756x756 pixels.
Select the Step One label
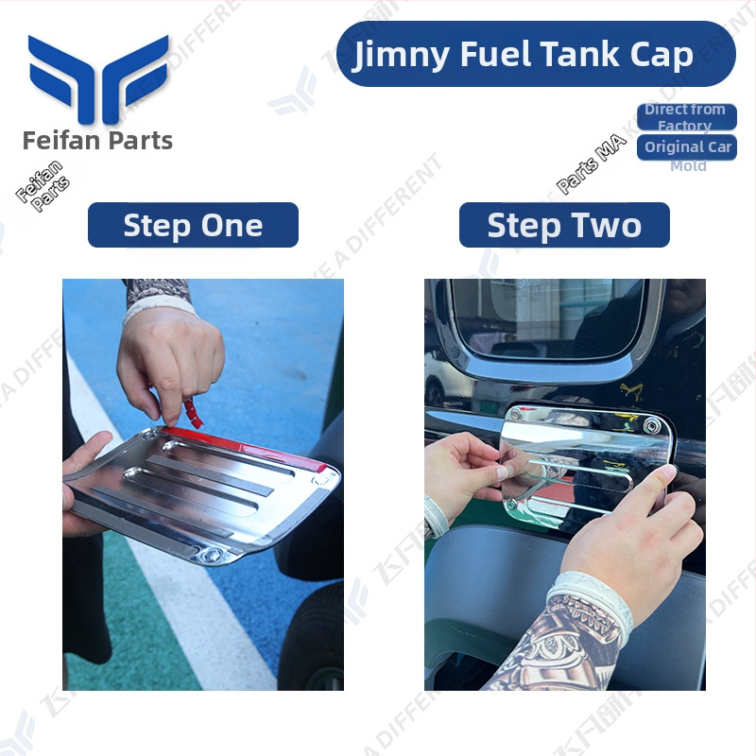pyautogui.click(x=193, y=226)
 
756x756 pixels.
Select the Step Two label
pyautogui.click(x=564, y=226)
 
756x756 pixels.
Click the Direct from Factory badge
pyautogui.click(x=685, y=117)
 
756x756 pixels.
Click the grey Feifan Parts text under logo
pyautogui.click(x=98, y=142)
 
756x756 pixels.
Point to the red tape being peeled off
pyautogui.click(x=194, y=412)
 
